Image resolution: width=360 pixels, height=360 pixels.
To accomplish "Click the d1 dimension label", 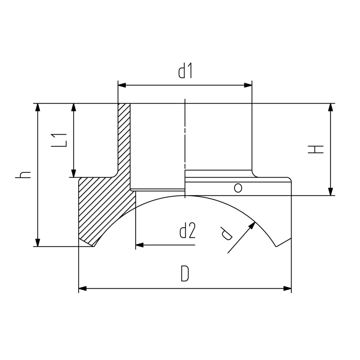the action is [x=185, y=71].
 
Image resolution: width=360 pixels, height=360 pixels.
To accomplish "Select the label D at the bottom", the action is [x=185, y=274].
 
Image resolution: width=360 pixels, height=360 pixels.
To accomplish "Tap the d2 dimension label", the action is [x=187, y=231].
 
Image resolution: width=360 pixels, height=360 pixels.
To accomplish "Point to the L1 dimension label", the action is [x=60, y=140].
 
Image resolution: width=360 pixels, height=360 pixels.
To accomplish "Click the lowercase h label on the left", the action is [x=23, y=175].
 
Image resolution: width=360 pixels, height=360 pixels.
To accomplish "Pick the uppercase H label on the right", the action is [x=316, y=149].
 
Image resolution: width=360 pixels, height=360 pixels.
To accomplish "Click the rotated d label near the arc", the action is [x=226, y=233].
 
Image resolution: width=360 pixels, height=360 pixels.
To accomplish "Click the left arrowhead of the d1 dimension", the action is [x=122, y=85].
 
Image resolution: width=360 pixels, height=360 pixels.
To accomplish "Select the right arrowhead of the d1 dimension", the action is [x=248, y=85].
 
